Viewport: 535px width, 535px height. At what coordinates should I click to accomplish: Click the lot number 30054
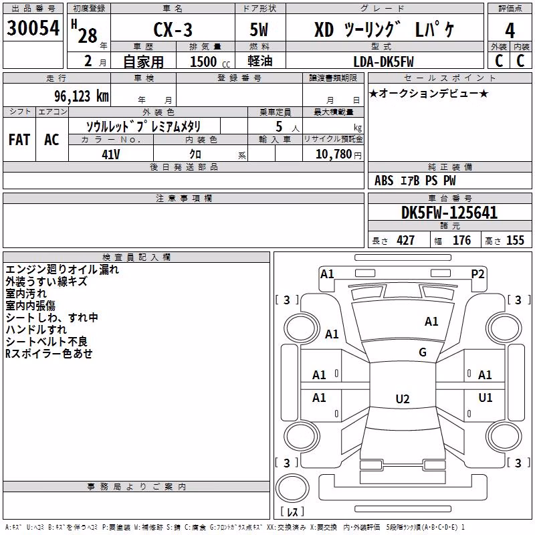pyautogui.click(x=33, y=27)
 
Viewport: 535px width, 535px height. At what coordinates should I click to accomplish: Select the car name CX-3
pyautogui.click(x=173, y=29)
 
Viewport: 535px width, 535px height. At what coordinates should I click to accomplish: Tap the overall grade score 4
pyautogui.click(x=510, y=31)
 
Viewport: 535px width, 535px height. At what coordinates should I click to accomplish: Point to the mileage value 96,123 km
pyautogui.click(x=82, y=96)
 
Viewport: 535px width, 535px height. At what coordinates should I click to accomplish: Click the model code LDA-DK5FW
pyautogui.click(x=383, y=62)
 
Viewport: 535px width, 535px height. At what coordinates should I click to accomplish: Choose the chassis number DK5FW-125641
pyautogui.click(x=449, y=213)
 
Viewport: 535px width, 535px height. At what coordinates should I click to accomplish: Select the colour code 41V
pyautogui.click(x=111, y=154)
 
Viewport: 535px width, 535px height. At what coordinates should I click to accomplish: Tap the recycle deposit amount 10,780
pyautogui.click(x=333, y=154)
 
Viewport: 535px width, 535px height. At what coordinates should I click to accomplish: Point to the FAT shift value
pyautogui.click(x=19, y=140)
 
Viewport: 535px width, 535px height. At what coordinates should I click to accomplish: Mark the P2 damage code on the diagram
pyautogui.click(x=477, y=274)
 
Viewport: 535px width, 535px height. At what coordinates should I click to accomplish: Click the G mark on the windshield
pyautogui.click(x=423, y=352)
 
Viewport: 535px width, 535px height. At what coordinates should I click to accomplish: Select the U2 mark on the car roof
pyautogui.click(x=403, y=399)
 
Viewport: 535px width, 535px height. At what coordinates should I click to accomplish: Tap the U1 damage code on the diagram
pyautogui.click(x=486, y=397)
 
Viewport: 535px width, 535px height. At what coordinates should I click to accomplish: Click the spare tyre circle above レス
pyautogui.click(x=292, y=488)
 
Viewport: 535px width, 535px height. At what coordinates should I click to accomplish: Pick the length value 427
pyautogui.click(x=406, y=240)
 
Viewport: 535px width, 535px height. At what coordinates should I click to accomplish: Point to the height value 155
pyautogui.click(x=515, y=240)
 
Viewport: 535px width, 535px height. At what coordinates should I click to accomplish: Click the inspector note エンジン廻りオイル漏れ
pyautogui.click(x=62, y=270)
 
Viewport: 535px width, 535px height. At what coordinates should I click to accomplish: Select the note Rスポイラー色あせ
pyautogui.click(x=49, y=354)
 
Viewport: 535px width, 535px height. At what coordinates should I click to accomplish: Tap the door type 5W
pyautogui.click(x=259, y=29)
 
